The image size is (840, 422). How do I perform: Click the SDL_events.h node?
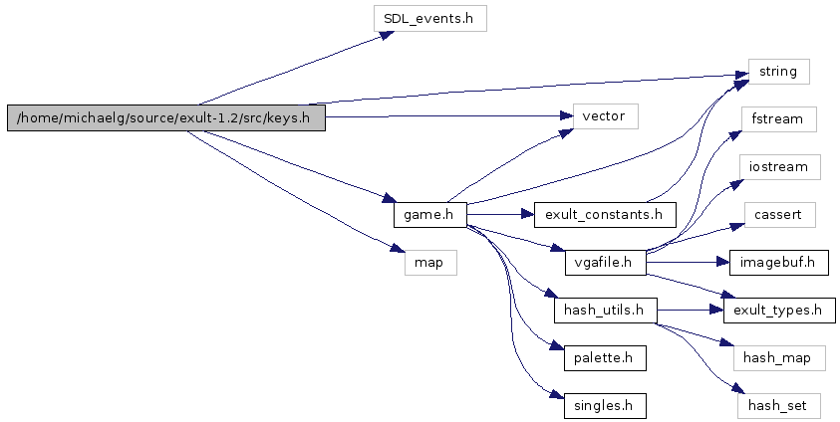click(428, 18)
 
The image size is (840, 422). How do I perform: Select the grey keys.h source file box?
click(166, 118)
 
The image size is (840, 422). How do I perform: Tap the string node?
click(778, 72)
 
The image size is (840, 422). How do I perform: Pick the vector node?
click(604, 115)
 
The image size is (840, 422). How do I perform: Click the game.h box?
click(429, 213)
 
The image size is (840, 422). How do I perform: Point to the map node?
click(429, 263)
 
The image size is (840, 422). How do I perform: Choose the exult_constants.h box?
click(605, 213)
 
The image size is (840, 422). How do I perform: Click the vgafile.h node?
click(605, 263)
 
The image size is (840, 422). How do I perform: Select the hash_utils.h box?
click(605, 311)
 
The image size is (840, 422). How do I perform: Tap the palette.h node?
click(605, 357)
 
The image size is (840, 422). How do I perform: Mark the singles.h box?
click(605, 405)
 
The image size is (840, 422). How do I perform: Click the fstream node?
click(778, 119)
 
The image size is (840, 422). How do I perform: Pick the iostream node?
click(778, 166)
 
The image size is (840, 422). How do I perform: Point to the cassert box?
click(778, 213)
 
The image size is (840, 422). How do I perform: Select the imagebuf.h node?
click(778, 263)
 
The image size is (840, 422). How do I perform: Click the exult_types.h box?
click(778, 311)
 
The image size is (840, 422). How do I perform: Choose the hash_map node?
click(778, 357)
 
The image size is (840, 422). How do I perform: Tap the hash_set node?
click(778, 405)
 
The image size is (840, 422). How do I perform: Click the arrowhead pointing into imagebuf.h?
click(723, 263)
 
